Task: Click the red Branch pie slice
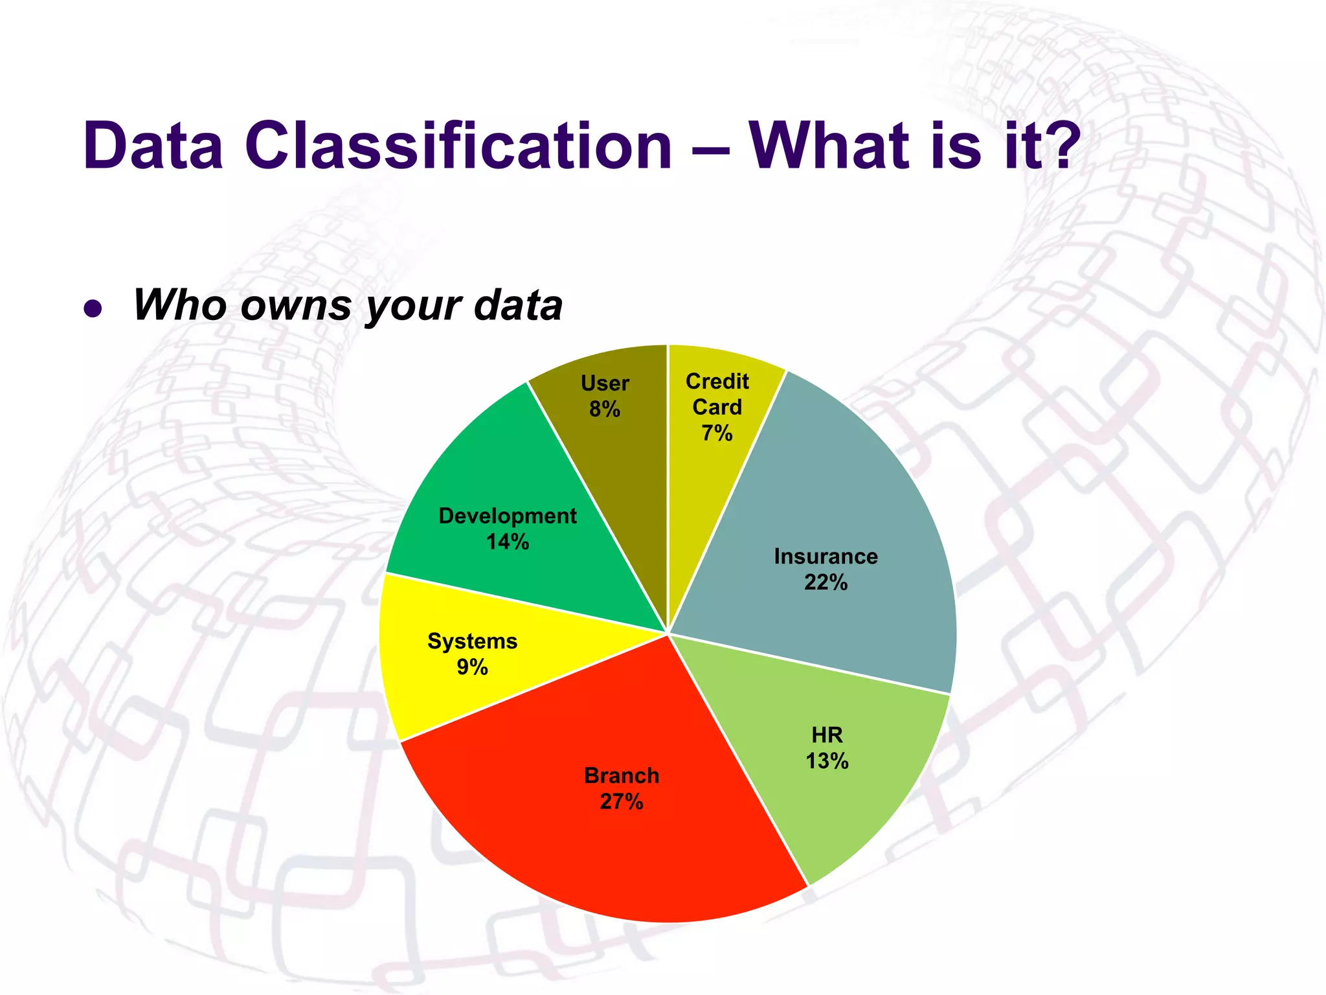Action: (x=583, y=842)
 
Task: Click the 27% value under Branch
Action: (x=622, y=802)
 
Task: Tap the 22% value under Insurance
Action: (x=826, y=583)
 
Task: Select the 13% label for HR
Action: (x=827, y=761)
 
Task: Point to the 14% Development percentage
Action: (x=508, y=542)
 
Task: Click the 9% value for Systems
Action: (x=472, y=667)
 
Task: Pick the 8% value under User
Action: (x=605, y=409)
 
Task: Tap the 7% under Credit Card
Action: (x=717, y=433)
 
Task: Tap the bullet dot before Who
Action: (x=93, y=309)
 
